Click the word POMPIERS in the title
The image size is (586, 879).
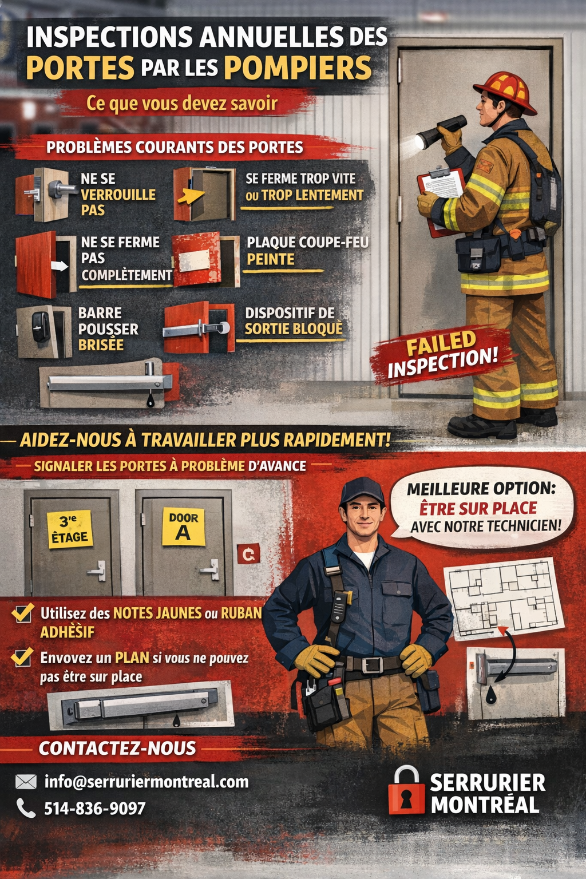tap(298, 68)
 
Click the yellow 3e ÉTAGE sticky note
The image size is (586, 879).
tap(70, 529)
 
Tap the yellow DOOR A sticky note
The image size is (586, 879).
tap(184, 526)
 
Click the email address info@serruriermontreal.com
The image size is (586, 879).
tap(146, 782)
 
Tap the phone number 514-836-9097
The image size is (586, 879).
tap(94, 808)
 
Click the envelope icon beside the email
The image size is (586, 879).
tap(26, 782)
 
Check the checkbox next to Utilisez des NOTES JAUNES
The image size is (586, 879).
tap(23, 612)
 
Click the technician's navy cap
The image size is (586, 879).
tap(362, 492)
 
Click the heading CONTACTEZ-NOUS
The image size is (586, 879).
tap(117, 748)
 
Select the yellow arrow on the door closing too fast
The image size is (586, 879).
tap(191, 195)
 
